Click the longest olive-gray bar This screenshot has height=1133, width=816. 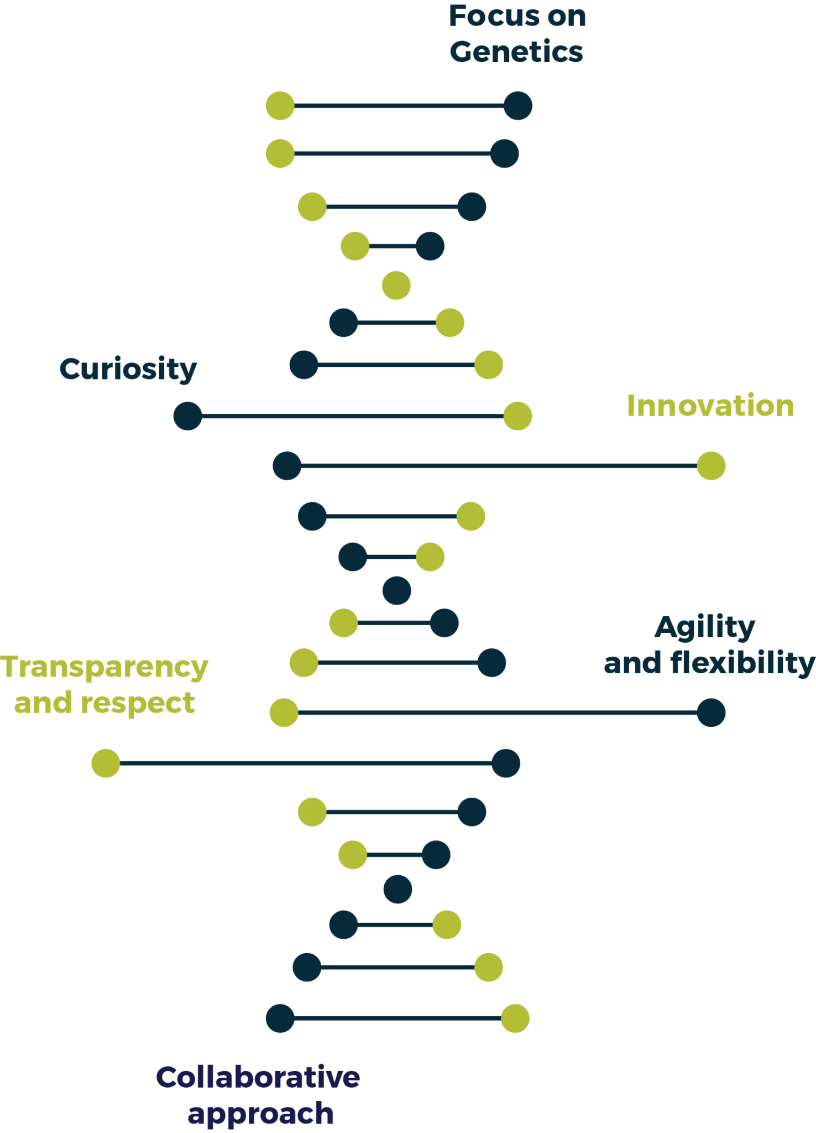click(x=498, y=721)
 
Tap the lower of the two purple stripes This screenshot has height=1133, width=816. click(x=408, y=1115)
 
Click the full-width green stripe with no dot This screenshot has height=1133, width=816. click(x=408, y=285)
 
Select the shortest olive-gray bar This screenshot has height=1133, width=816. click(x=391, y=819)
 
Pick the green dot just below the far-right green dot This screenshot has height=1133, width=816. click(x=470, y=516)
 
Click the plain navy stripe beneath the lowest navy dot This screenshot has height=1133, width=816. click(x=408, y=889)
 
